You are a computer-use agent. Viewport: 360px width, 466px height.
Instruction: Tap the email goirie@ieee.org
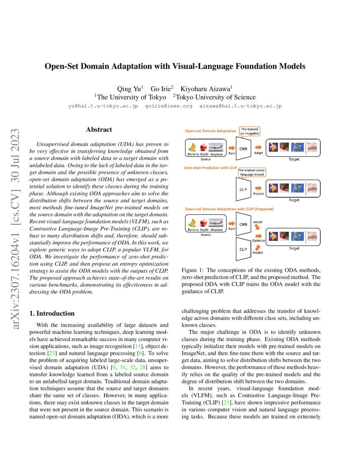[x=169, y=106]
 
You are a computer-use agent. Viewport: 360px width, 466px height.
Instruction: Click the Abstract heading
[x=99, y=130]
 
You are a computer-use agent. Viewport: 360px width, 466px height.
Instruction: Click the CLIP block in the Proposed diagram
[x=243, y=249]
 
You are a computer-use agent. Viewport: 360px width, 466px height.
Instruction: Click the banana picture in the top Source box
[x=193, y=147]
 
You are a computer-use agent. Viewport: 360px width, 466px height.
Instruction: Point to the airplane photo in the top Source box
[x=216, y=147]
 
